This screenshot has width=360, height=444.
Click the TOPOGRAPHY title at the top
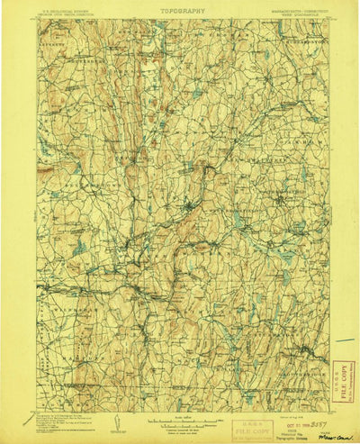(x=183, y=11)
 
